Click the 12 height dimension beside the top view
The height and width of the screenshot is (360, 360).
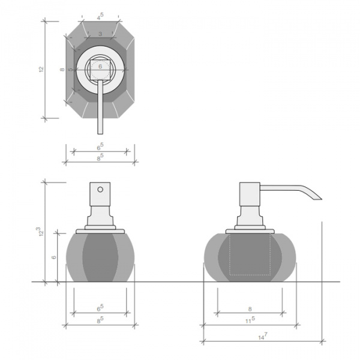(41, 70)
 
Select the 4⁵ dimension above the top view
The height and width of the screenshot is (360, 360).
(100, 16)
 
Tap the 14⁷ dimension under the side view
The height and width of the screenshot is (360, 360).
(262, 337)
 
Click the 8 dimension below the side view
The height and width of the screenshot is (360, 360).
(250, 308)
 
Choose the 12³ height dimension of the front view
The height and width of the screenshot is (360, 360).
(40, 231)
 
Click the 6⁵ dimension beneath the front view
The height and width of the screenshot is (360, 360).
(100, 308)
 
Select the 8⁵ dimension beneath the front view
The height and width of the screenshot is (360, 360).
(100, 320)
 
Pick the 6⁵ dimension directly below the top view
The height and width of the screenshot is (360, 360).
(100, 145)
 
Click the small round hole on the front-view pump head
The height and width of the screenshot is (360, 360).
(100, 190)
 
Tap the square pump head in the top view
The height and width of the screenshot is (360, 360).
(100, 70)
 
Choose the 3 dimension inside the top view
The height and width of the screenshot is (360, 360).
(100, 34)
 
